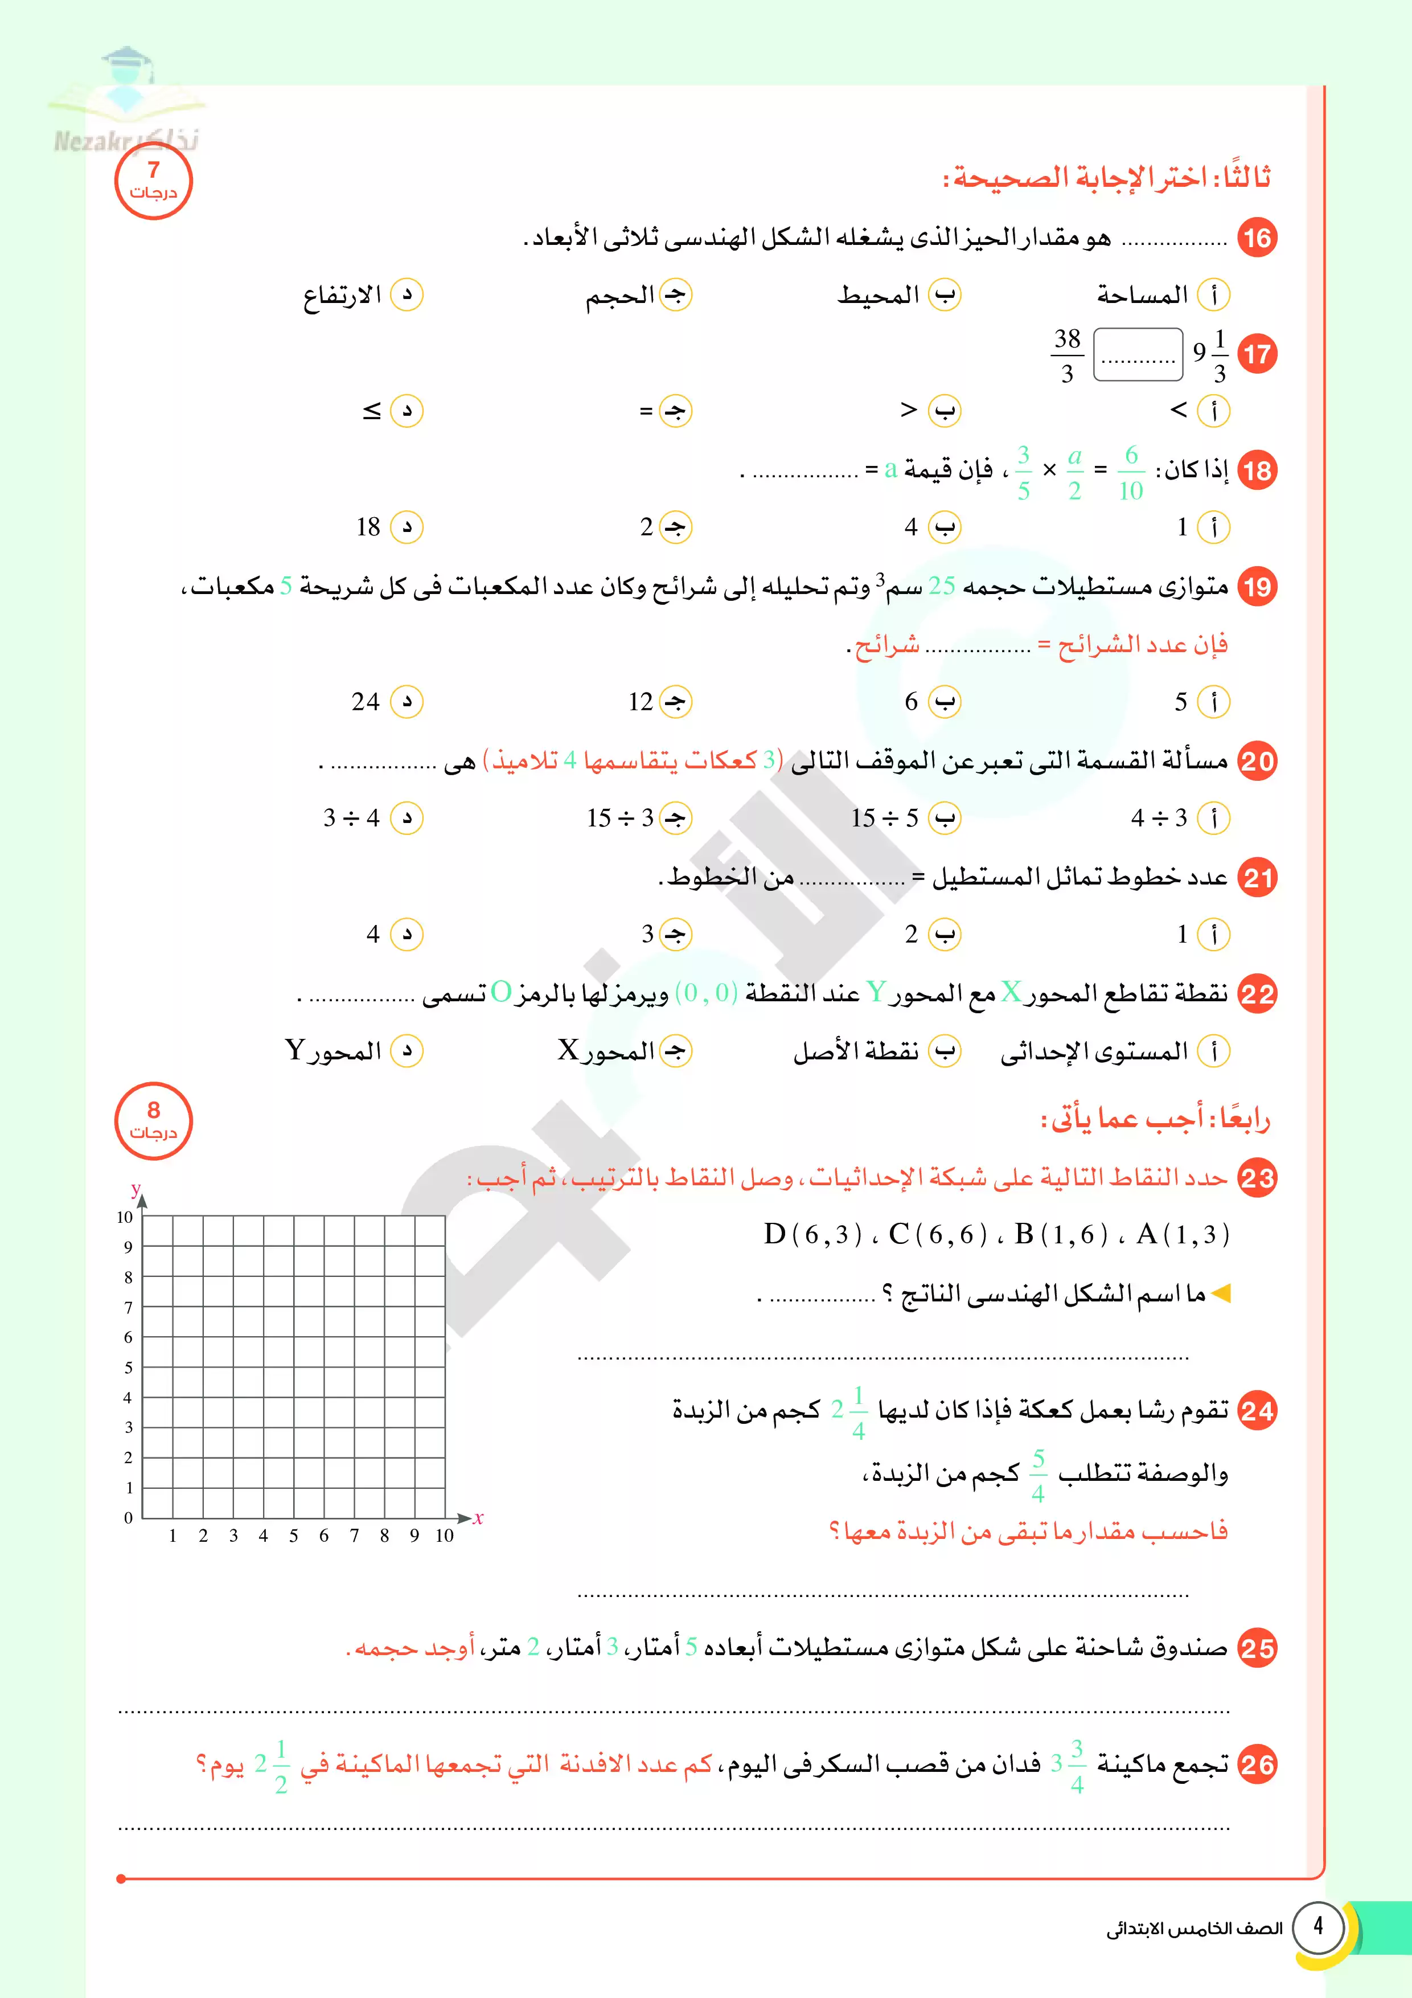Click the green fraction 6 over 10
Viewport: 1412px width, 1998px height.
(1130, 473)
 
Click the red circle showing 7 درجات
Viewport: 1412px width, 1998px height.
(153, 181)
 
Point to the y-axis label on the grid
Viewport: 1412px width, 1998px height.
(136, 1188)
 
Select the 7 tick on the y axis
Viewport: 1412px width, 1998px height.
(129, 1307)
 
